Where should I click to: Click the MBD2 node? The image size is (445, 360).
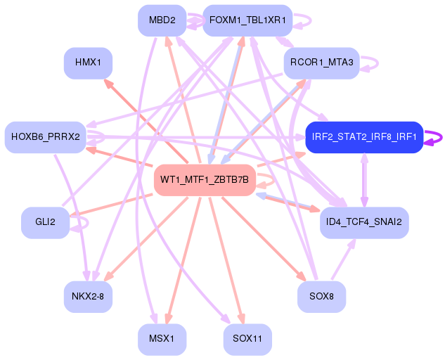click(x=162, y=20)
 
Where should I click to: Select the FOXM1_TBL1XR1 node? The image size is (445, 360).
click(x=247, y=20)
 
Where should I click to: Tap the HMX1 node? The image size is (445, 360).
click(x=88, y=63)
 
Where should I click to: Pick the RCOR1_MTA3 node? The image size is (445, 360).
click(x=321, y=63)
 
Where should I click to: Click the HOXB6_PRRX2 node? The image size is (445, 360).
click(x=46, y=137)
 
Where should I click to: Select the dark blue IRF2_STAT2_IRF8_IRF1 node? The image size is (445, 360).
click(x=364, y=137)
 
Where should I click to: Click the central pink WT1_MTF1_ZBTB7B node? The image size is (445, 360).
click(x=205, y=180)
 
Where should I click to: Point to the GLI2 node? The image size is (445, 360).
click(x=46, y=223)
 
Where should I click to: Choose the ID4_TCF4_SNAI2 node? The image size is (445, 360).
click(x=364, y=223)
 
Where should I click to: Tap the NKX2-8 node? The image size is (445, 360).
click(x=88, y=297)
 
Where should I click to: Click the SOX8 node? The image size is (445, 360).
click(x=321, y=297)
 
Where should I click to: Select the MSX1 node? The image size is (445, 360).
click(x=162, y=340)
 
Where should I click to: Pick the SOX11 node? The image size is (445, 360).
click(x=247, y=340)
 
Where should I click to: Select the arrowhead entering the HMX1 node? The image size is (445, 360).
click(x=108, y=84)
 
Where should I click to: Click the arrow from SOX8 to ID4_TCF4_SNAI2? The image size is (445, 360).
click(x=344, y=259)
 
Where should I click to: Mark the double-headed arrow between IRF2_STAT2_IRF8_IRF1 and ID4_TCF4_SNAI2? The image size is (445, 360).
click(x=364, y=180)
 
